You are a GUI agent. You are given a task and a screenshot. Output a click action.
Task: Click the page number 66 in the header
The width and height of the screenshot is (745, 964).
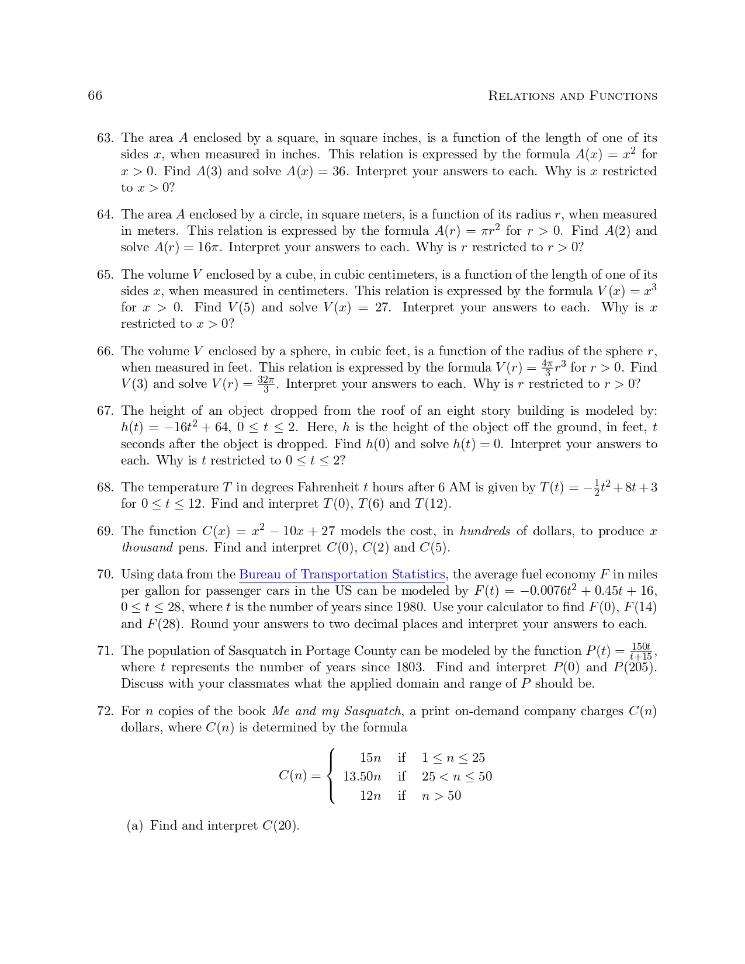pos(95,96)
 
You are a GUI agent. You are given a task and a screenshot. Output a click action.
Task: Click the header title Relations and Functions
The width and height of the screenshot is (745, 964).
pos(572,96)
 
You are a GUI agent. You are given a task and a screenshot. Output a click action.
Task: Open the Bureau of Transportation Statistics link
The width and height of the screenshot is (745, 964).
pos(342,574)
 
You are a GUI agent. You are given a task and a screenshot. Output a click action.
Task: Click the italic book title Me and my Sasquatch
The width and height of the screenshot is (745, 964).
pos(337,711)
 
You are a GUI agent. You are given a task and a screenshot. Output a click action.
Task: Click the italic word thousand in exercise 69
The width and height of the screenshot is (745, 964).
pos(147,547)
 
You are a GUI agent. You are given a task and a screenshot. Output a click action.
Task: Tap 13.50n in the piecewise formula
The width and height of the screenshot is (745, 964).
pos(362,776)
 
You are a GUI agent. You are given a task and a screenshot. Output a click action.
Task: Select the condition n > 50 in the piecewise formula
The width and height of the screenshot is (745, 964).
pos(441,795)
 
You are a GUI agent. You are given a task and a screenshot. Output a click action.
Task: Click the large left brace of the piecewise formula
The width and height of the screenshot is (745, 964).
pos(331,776)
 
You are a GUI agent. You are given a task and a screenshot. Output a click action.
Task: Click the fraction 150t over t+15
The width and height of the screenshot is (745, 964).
pos(641,651)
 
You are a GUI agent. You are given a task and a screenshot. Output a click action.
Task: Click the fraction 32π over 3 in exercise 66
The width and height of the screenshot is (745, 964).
pos(266,384)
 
